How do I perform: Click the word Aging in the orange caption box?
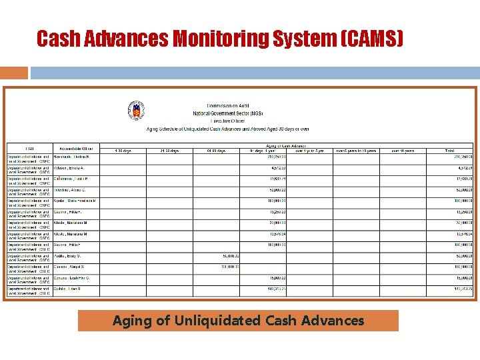[x=131, y=321]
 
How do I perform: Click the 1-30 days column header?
[x=123, y=151]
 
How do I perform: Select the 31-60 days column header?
[x=169, y=151]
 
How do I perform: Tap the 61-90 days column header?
[x=216, y=151]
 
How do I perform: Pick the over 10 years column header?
[x=403, y=151]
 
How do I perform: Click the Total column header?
[x=450, y=151]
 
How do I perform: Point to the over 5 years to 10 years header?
[x=356, y=151]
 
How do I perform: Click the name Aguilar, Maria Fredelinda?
[x=75, y=201]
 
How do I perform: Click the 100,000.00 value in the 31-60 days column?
[x=183, y=267]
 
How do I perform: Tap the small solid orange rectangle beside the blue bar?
[x=14, y=72]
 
